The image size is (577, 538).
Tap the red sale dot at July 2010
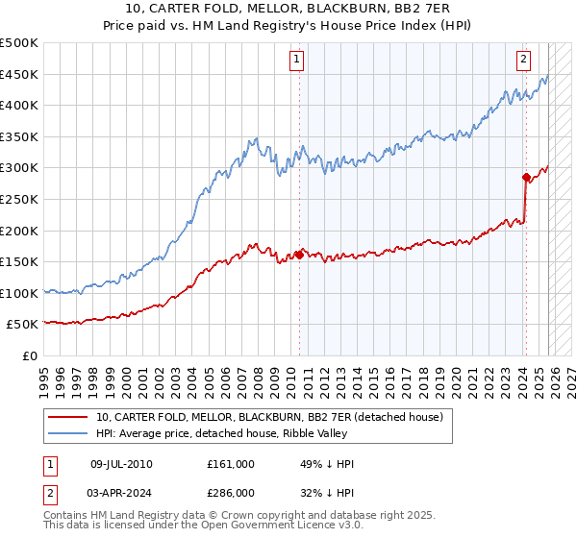pyautogui.click(x=299, y=255)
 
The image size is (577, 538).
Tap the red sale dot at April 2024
pyautogui.click(x=526, y=177)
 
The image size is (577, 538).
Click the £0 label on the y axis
pyautogui.click(x=29, y=355)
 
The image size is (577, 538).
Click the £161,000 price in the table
pyautogui.click(x=230, y=464)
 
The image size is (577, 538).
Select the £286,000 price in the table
pyautogui.click(x=230, y=495)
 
